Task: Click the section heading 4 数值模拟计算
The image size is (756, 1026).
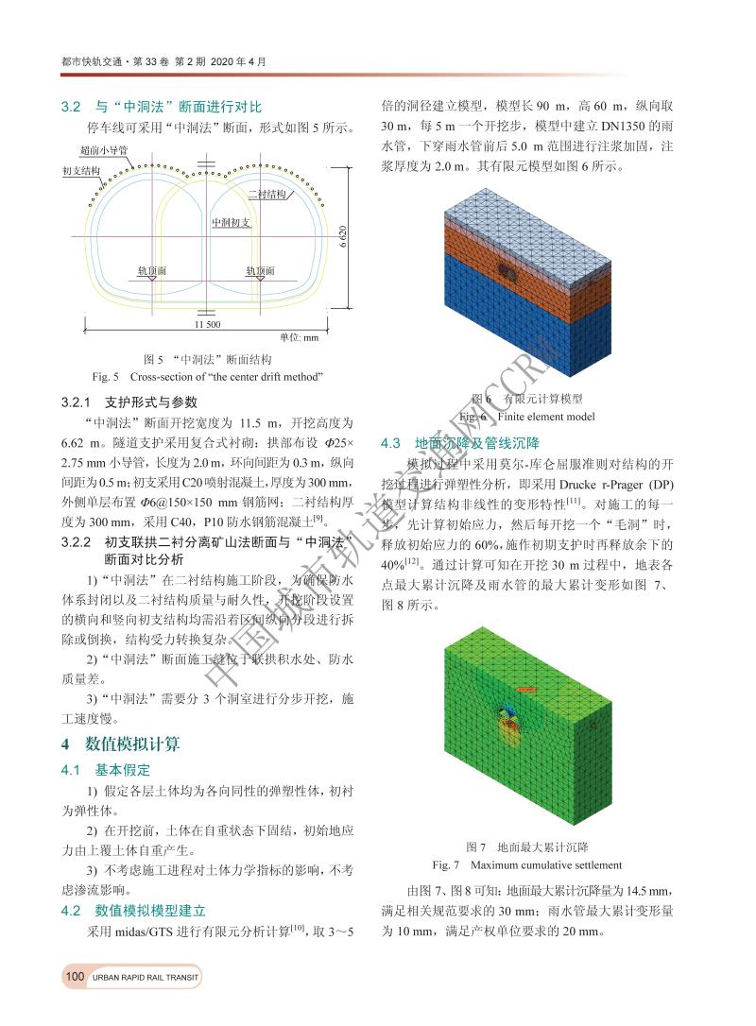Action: pyautogui.click(x=120, y=744)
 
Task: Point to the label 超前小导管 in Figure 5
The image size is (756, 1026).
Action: pyautogui.click(x=103, y=149)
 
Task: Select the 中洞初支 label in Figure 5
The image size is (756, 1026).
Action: pyautogui.click(x=231, y=222)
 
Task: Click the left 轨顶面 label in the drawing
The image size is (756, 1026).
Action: pyautogui.click(x=152, y=270)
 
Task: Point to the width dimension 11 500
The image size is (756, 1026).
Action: pyautogui.click(x=207, y=324)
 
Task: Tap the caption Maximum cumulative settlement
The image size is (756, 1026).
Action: pyautogui.click(x=527, y=864)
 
